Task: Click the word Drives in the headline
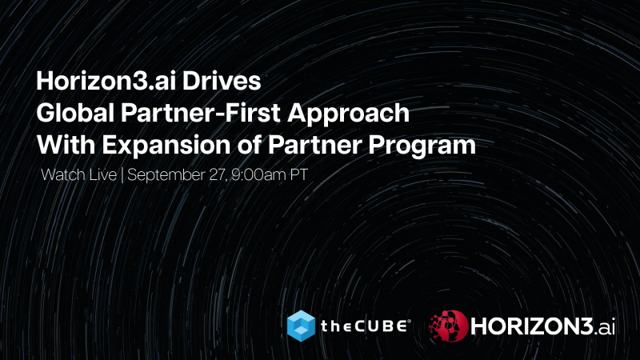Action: [227, 82]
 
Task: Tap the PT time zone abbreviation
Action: [287, 174]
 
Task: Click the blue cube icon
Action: [302, 325]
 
